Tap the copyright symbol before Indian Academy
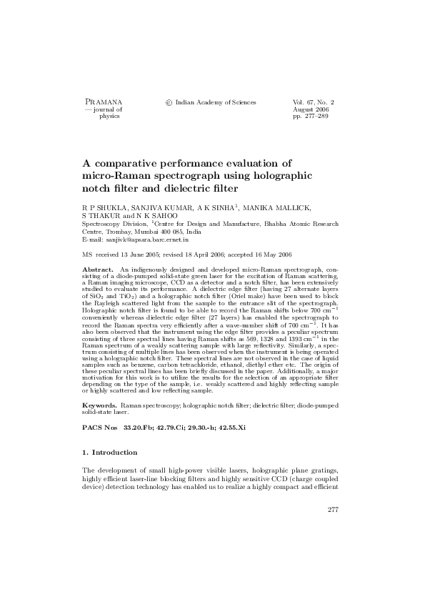click(x=169, y=103)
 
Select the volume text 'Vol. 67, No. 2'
click(x=314, y=102)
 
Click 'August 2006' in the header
click(x=309, y=109)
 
